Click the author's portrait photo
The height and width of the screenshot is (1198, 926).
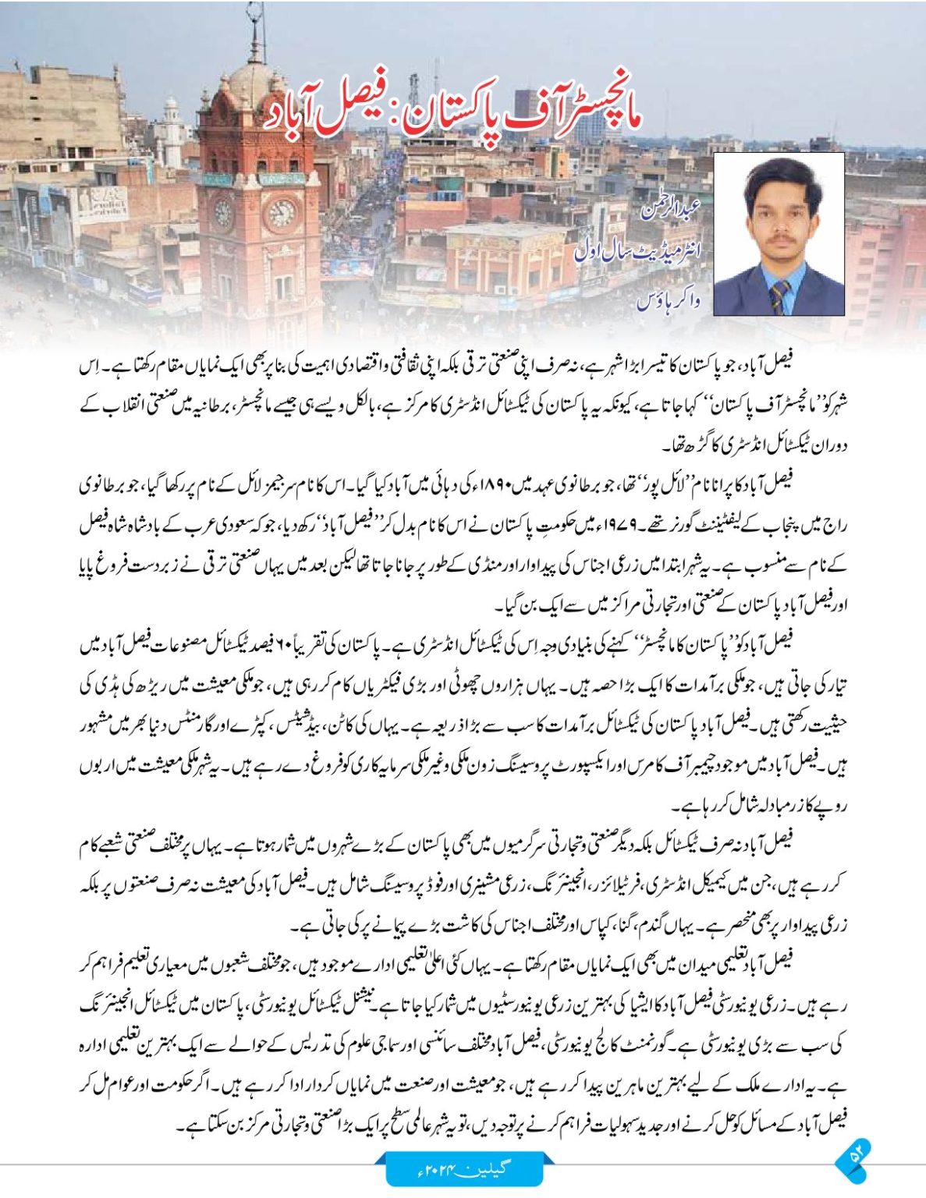click(779, 233)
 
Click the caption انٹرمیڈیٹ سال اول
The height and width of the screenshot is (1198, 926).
click(638, 251)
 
